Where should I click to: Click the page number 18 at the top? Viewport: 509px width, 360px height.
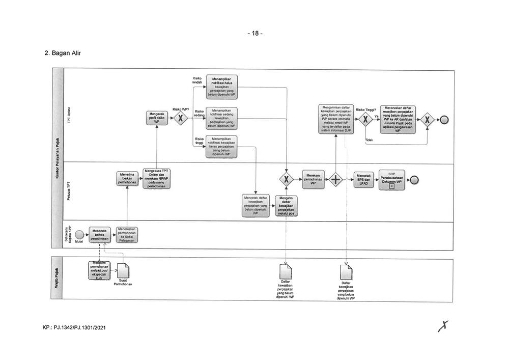tap(254, 34)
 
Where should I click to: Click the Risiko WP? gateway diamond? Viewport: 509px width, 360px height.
tap(179, 119)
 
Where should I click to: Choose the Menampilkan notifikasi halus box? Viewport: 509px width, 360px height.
tap(222, 87)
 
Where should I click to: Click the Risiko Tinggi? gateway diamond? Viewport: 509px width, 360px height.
tap(364, 120)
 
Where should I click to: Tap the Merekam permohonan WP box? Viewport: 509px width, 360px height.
tap(312, 179)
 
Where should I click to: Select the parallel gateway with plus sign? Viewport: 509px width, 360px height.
tap(335, 179)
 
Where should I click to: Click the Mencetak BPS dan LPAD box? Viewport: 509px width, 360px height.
tap(364, 179)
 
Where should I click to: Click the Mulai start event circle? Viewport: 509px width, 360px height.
tap(79, 234)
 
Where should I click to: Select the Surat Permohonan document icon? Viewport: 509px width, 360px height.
tap(123, 270)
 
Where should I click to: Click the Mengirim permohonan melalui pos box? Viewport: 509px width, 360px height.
tap(98, 270)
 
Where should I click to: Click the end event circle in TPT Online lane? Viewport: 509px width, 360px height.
tap(444, 120)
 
